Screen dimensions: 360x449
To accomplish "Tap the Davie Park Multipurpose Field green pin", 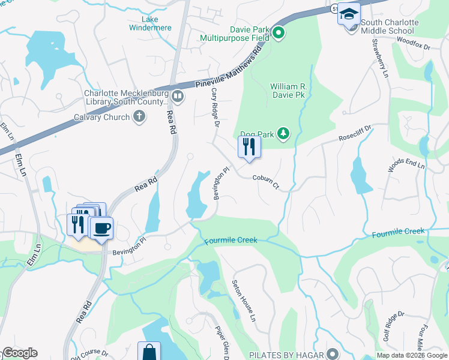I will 279,34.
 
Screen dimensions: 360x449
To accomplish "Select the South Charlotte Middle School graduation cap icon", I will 348,13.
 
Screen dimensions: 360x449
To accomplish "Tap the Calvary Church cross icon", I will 139,117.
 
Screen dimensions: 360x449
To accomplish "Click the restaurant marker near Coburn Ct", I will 249,146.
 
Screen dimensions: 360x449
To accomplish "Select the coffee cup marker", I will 101,228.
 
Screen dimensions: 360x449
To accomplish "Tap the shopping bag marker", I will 149,352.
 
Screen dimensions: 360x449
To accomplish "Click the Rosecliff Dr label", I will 355,132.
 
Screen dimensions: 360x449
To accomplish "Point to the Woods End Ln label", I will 406,167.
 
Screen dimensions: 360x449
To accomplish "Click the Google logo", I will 20,353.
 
